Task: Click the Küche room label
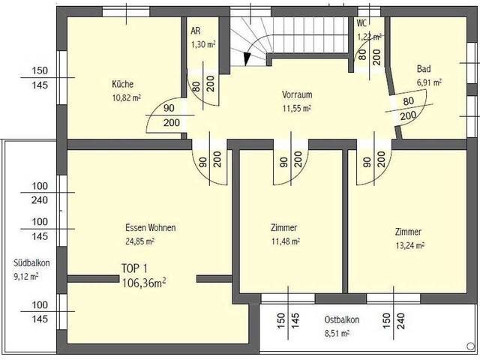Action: click(122, 84)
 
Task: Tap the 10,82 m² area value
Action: click(127, 98)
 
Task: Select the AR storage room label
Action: click(196, 31)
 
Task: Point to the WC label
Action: click(361, 23)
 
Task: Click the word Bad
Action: click(424, 69)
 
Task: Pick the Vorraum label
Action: click(297, 94)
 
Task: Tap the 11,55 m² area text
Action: click(297, 108)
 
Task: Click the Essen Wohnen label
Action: click(151, 228)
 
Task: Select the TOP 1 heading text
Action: click(134, 268)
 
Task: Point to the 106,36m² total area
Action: click(144, 283)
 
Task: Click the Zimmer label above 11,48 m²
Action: click(283, 228)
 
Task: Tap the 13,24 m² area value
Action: click(410, 245)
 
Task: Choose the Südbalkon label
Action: click(31, 263)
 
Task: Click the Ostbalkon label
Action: click(342, 320)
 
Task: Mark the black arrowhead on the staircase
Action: click(247, 59)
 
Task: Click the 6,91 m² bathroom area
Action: click(429, 82)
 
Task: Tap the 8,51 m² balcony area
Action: click(337, 333)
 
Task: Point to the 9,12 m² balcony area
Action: click(25, 277)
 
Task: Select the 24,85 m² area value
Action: click(139, 241)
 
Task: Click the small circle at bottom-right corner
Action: click(470, 346)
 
